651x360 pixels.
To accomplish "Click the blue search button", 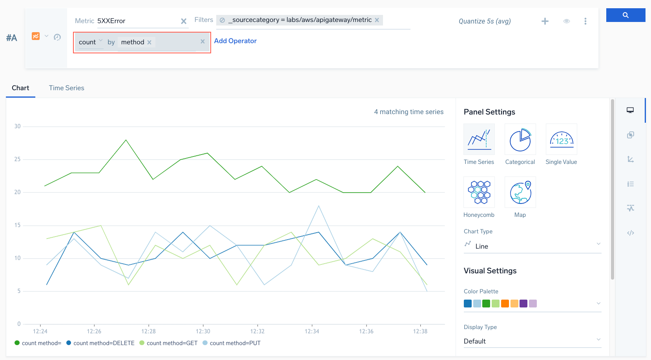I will click(625, 15).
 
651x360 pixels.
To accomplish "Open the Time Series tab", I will click(66, 88).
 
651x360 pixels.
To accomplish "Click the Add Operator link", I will click(235, 41).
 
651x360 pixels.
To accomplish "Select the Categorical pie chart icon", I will click(520, 140).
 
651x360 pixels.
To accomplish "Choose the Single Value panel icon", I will click(561, 140).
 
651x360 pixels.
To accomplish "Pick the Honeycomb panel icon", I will click(479, 192).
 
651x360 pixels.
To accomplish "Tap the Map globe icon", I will click(520, 192).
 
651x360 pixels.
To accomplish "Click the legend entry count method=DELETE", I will click(104, 343).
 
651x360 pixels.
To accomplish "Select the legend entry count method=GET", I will click(172, 343).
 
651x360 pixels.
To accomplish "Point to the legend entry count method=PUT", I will click(235, 343).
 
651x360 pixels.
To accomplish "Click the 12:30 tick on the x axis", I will click(203, 331).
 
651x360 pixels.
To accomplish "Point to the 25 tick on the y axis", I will click(17, 159).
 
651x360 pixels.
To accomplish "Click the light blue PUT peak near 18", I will click(319, 206).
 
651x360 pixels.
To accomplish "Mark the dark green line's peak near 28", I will click(126, 140).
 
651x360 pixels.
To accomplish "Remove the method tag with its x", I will click(150, 42).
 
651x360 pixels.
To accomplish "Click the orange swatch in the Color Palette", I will click(505, 304).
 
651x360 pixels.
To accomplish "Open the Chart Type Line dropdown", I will click(532, 246).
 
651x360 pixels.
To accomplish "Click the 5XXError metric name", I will click(111, 21).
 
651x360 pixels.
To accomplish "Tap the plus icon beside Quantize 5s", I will click(545, 21).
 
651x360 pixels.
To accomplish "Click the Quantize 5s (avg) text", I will click(485, 21).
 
